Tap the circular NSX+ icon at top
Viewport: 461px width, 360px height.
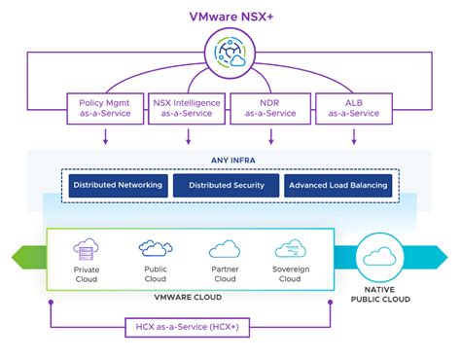[x=230, y=55]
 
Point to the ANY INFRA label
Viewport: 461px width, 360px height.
[x=230, y=161]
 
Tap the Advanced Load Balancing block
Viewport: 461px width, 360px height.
[x=338, y=185]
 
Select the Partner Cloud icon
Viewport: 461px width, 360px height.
[x=225, y=248]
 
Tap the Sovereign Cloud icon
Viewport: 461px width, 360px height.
[x=291, y=248]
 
